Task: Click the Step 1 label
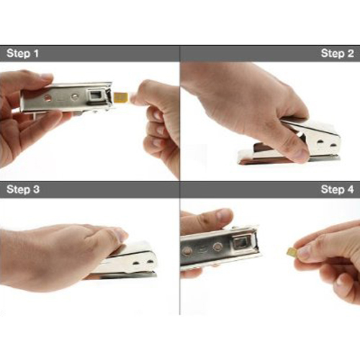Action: click(x=23, y=53)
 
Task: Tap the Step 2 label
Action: click(x=338, y=53)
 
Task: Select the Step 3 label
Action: click(x=23, y=189)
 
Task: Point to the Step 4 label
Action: click(x=338, y=189)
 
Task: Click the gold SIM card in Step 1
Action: click(x=122, y=97)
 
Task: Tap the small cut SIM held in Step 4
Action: click(x=291, y=251)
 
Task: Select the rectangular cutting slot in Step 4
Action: click(x=240, y=244)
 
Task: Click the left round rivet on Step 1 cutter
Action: click(x=48, y=97)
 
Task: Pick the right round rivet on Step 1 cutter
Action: click(x=75, y=96)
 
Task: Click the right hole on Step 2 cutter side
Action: click(x=333, y=145)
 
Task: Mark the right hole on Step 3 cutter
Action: click(x=150, y=261)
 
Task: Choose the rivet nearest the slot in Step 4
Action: click(x=217, y=246)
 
